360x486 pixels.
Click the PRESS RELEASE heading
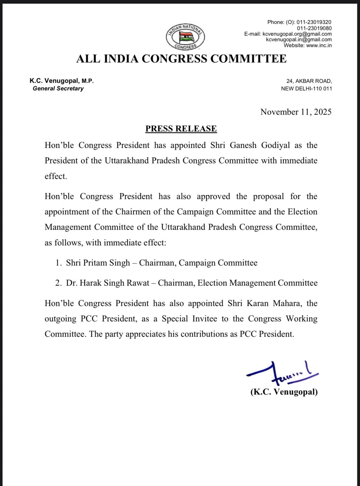click(x=181, y=128)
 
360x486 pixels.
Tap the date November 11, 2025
click(x=296, y=112)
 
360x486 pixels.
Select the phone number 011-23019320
click(x=314, y=22)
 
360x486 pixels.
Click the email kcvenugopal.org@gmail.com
click(x=297, y=34)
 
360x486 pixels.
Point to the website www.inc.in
click(x=319, y=46)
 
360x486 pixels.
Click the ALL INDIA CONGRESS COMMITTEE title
click(x=181, y=59)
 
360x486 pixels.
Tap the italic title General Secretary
click(x=58, y=88)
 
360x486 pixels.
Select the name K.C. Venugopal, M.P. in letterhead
click(x=62, y=81)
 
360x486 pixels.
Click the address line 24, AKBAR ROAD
click(x=309, y=81)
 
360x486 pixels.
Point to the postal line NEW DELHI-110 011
click(x=306, y=89)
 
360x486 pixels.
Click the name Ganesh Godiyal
click(x=260, y=145)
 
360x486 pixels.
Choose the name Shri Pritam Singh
click(x=98, y=263)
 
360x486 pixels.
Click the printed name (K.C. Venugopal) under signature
click(x=284, y=392)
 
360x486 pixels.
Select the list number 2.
click(x=58, y=283)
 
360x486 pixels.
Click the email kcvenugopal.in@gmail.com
click(x=299, y=40)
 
